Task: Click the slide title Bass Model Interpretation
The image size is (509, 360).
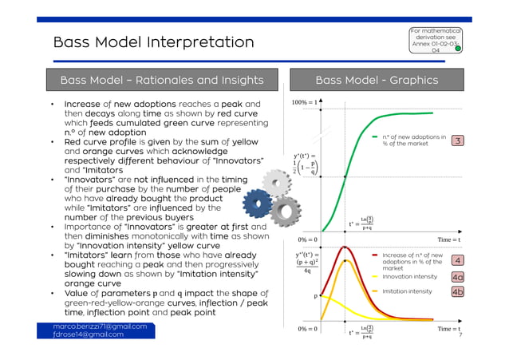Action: pyautogui.click(x=153, y=42)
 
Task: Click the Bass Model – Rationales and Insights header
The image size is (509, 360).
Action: pyautogui.click(x=162, y=80)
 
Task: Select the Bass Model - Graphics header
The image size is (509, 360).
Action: pyautogui.click(x=377, y=80)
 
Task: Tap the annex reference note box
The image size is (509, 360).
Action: pyautogui.click(x=435, y=41)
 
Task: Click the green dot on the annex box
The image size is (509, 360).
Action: pyautogui.click(x=458, y=49)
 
